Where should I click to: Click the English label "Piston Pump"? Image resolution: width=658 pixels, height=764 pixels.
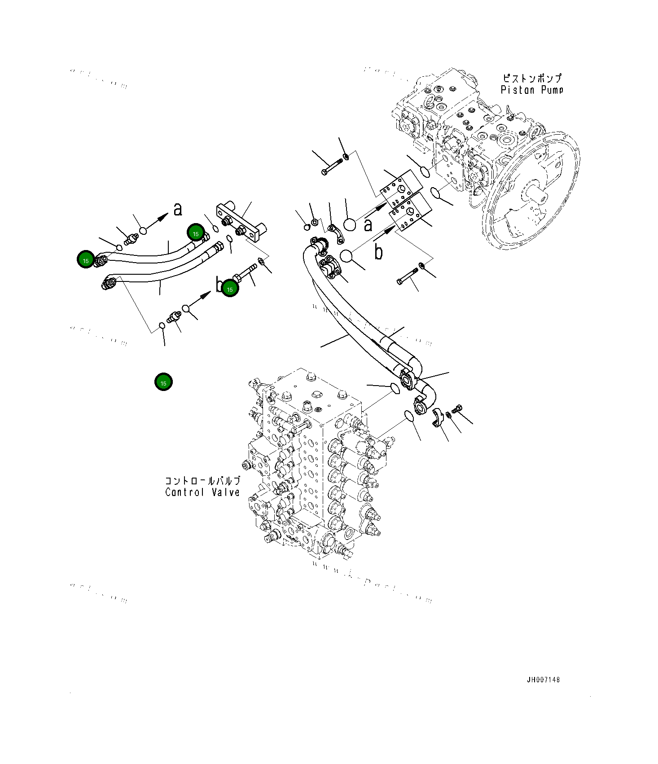click(x=531, y=90)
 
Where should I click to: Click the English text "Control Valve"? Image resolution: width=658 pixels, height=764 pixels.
click(x=202, y=492)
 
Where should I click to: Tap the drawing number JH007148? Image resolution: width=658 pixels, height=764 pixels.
click(x=543, y=680)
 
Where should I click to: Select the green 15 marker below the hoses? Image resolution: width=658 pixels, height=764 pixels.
click(x=163, y=382)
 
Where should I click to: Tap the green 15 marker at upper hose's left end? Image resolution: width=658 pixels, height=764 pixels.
click(x=85, y=260)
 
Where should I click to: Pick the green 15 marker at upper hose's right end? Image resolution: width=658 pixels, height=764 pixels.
click(x=196, y=233)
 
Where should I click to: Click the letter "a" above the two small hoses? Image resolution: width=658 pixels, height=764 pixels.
click(x=178, y=209)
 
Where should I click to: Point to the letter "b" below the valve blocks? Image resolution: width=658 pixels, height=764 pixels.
click(x=378, y=252)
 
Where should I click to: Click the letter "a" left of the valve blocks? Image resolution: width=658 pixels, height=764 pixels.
click(x=368, y=224)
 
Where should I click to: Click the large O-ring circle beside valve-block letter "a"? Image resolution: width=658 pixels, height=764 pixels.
click(x=349, y=224)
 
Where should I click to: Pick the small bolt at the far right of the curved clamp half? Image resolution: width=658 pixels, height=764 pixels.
click(x=457, y=408)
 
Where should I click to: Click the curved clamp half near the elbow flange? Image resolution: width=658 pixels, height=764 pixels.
click(x=438, y=417)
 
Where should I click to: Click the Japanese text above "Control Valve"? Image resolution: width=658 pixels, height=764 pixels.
click(x=202, y=480)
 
